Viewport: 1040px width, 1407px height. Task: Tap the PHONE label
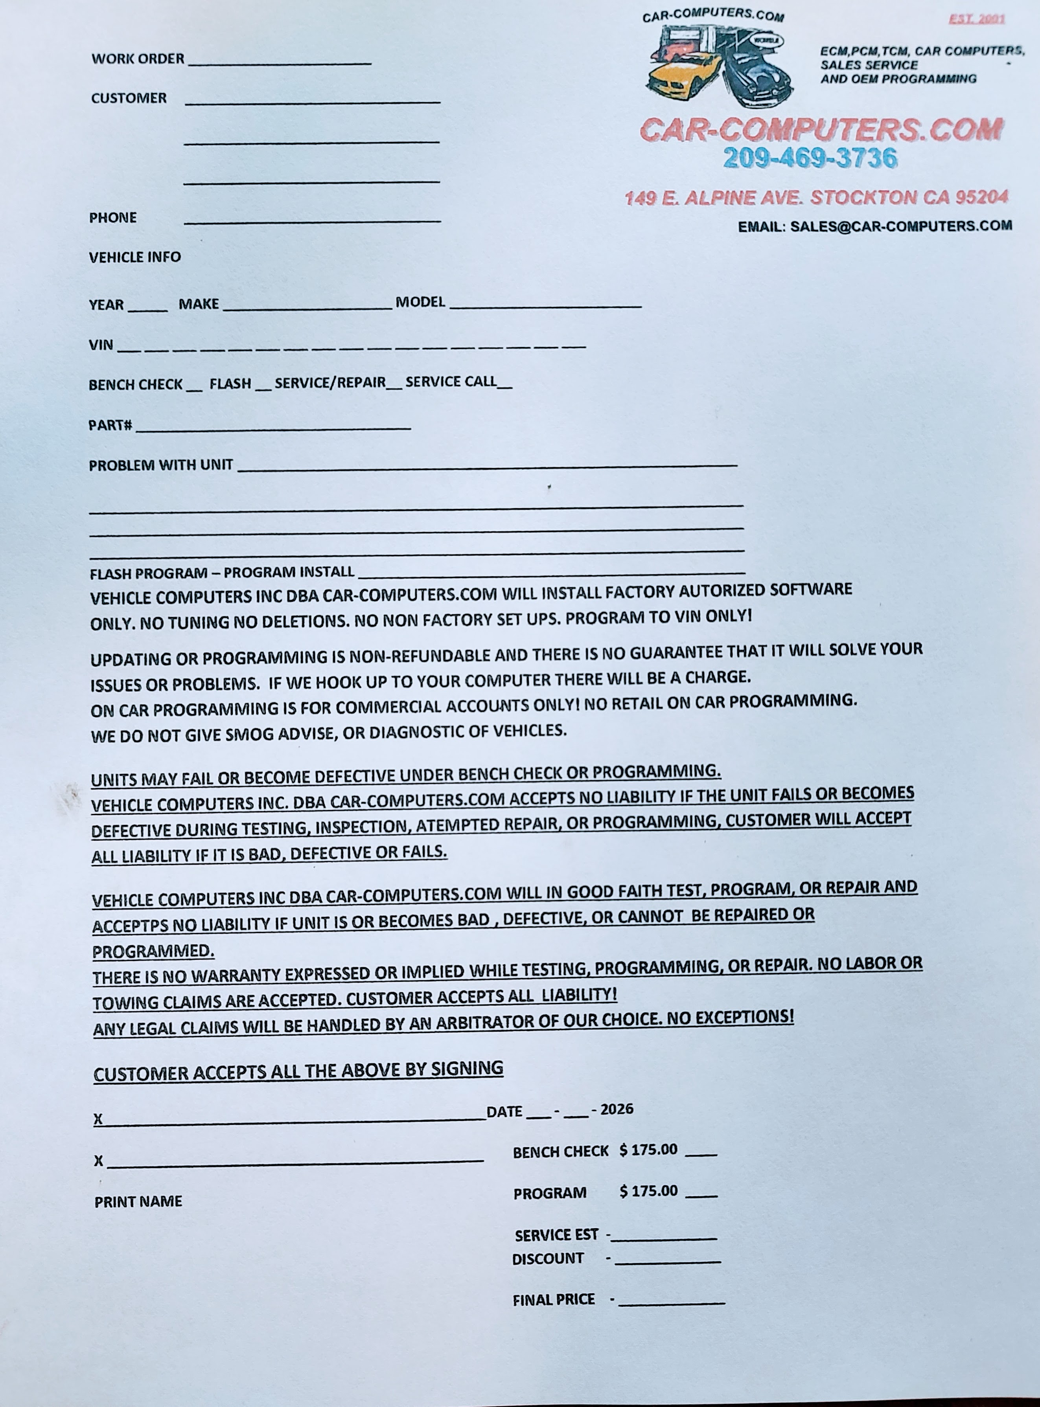[113, 218]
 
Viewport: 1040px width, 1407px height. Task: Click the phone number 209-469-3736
[810, 158]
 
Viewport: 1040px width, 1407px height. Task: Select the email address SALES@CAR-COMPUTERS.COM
[901, 226]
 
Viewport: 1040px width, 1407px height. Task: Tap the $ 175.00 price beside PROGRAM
[648, 1191]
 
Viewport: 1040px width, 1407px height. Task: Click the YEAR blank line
[148, 309]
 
